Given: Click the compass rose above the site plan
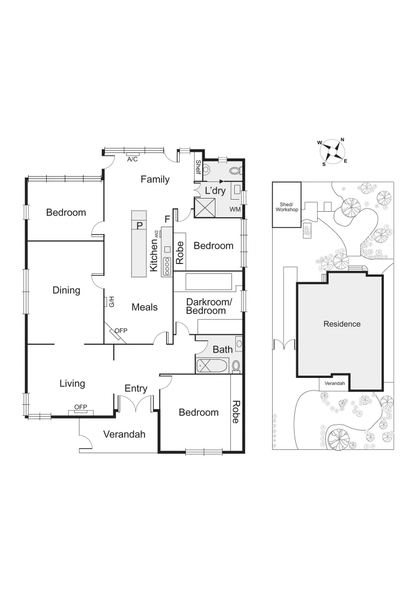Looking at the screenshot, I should [x=331, y=151].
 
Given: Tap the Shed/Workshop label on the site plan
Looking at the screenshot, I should [x=286, y=207].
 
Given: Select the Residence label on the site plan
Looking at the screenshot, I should [x=341, y=324].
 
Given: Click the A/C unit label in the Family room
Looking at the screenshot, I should [x=132, y=159].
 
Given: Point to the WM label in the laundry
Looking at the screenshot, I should [x=235, y=210].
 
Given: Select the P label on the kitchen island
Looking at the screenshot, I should [x=139, y=225].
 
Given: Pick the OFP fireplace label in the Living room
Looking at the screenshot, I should [x=81, y=407].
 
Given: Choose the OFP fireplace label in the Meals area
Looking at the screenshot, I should [x=120, y=331].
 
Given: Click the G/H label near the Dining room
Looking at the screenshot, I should [x=110, y=301].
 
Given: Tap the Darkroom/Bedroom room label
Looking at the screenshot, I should [x=206, y=306].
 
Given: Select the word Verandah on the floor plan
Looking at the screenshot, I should [x=124, y=435].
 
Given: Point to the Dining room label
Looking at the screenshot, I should [x=66, y=290].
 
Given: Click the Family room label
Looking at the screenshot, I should [x=154, y=179].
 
